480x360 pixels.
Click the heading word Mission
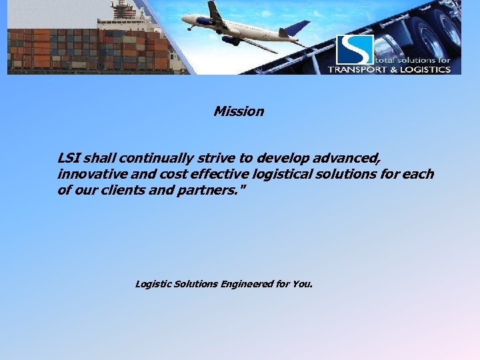[239, 111]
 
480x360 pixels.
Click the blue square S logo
[355, 49]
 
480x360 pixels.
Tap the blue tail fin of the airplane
[297, 27]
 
